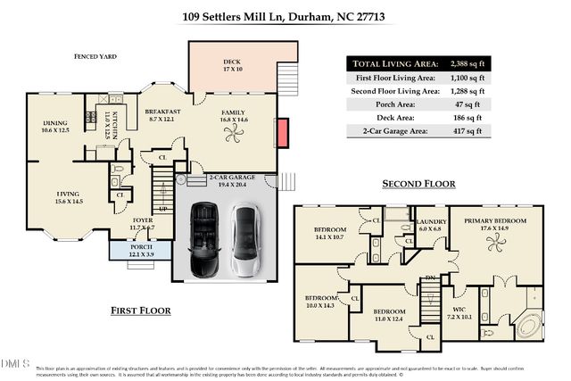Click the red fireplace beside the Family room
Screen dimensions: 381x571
(282, 134)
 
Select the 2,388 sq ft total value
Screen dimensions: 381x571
(464, 64)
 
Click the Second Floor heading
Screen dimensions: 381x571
(418, 184)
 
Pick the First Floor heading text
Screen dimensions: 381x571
(141, 311)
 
